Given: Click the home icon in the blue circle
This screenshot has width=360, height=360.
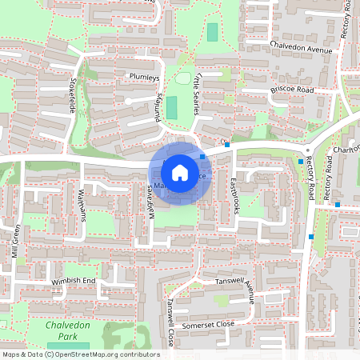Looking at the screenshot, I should tap(180, 172).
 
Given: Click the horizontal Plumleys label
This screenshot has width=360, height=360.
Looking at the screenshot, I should tap(144, 77).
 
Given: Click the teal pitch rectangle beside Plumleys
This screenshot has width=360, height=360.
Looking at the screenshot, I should tap(172, 109).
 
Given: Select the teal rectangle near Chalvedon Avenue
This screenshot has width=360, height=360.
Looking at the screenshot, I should tap(212, 33).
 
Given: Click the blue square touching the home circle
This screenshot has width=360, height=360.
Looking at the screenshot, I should tap(203, 157).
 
